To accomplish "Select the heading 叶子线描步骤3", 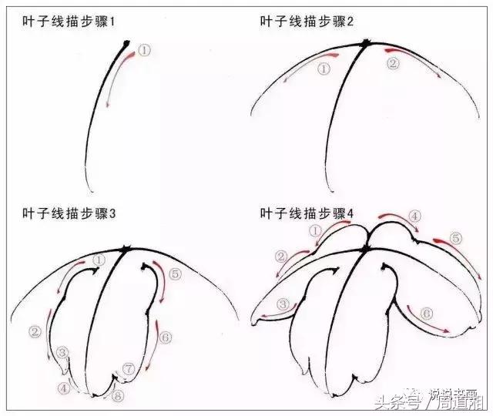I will (69, 213).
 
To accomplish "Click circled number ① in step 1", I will (146, 49).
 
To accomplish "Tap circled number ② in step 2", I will (392, 65).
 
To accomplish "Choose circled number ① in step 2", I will (324, 69).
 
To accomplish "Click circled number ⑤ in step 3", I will (175, 273).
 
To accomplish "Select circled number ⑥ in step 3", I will (166, 336).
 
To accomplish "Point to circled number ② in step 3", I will (35, 332).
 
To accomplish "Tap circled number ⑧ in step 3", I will (118, 397).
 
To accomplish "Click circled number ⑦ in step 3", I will (129, 370).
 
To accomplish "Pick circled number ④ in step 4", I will (414, 216).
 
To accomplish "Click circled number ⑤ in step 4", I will (456, 240).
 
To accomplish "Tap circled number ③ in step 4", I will (284, 305).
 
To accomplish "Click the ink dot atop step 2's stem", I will (366, 43).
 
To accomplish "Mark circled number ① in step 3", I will (99, 260).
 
